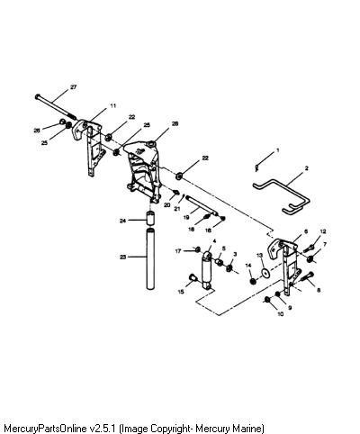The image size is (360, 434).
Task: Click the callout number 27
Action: [74, 87]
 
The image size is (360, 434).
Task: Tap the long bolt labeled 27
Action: [56, 107]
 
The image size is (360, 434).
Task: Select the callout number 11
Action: [112, 105]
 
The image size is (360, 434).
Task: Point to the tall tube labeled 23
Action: [150, 258]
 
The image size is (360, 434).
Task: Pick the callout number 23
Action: [123, 257]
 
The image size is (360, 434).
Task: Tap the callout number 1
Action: [277, 149]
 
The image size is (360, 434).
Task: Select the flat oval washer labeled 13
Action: [265, 273]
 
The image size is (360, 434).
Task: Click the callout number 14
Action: [248, 266]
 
